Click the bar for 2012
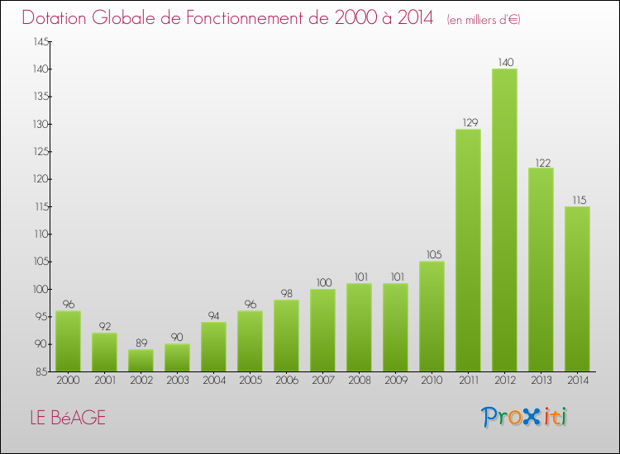(504, 220)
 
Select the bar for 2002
(141, 360)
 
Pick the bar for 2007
(322, 329)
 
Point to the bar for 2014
(577, 288)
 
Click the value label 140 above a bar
(504, 62)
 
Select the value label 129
(468, 122)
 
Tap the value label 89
(141, 343)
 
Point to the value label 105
(432, 254)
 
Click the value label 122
(541, 161)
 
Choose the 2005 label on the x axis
(250, 381)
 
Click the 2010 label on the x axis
(432, 381)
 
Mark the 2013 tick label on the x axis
(541, 381)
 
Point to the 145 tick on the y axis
(39, 41)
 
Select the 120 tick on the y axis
(39, 179)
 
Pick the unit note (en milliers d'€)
(483, 20)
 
